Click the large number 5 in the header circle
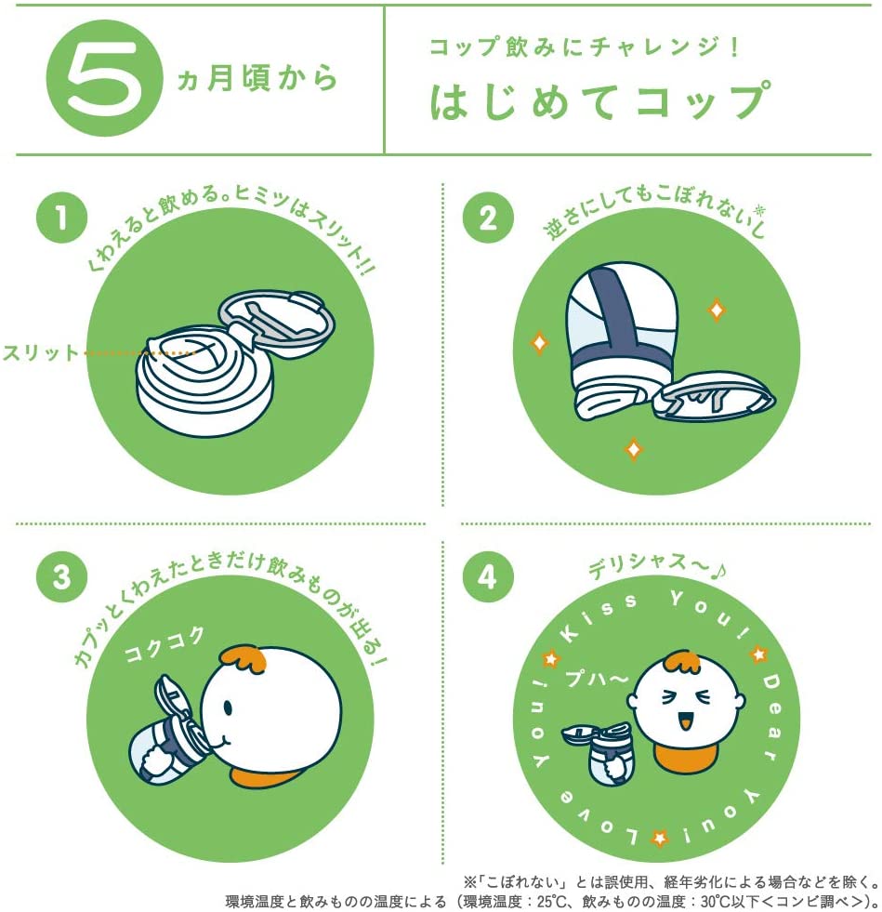[x=105, y=77]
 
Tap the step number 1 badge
[x=61, y=218]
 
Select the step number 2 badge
[x=488, y=218]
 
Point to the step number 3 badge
[x=61, y=576]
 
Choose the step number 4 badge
[x=488, y=576]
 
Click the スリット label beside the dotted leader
[x=40, y=352]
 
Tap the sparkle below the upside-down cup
[x=634, y=450]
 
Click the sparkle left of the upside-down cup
[x=539, y=343]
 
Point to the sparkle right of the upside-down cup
[x=717, y=310]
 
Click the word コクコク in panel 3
[x=165, y=644]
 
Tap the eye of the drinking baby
[x=227, y=707]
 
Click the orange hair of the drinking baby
[x=244, y=659]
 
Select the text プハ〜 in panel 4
[x=597, y=678]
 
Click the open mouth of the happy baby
[x=686, y=721]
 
